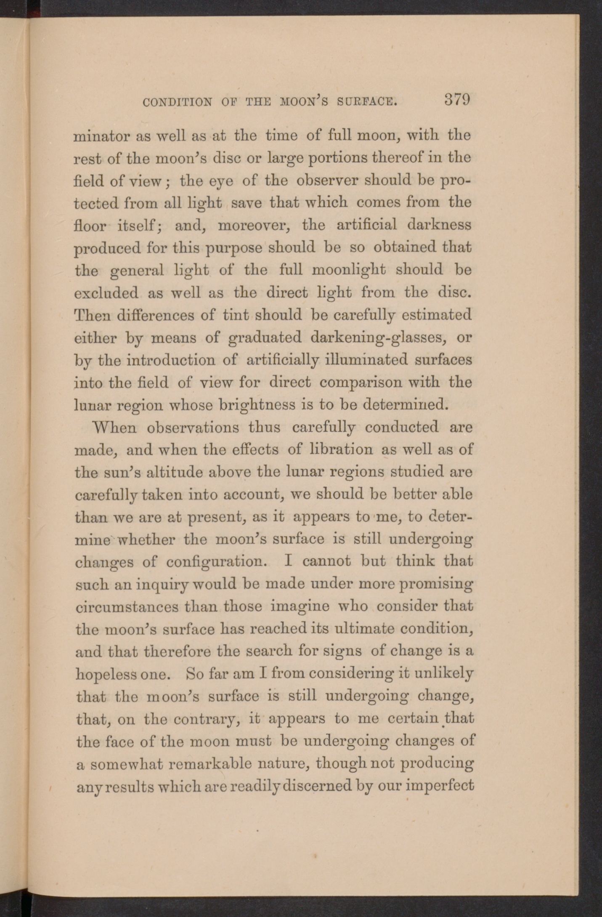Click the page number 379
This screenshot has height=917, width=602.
[x=456, y=100]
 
